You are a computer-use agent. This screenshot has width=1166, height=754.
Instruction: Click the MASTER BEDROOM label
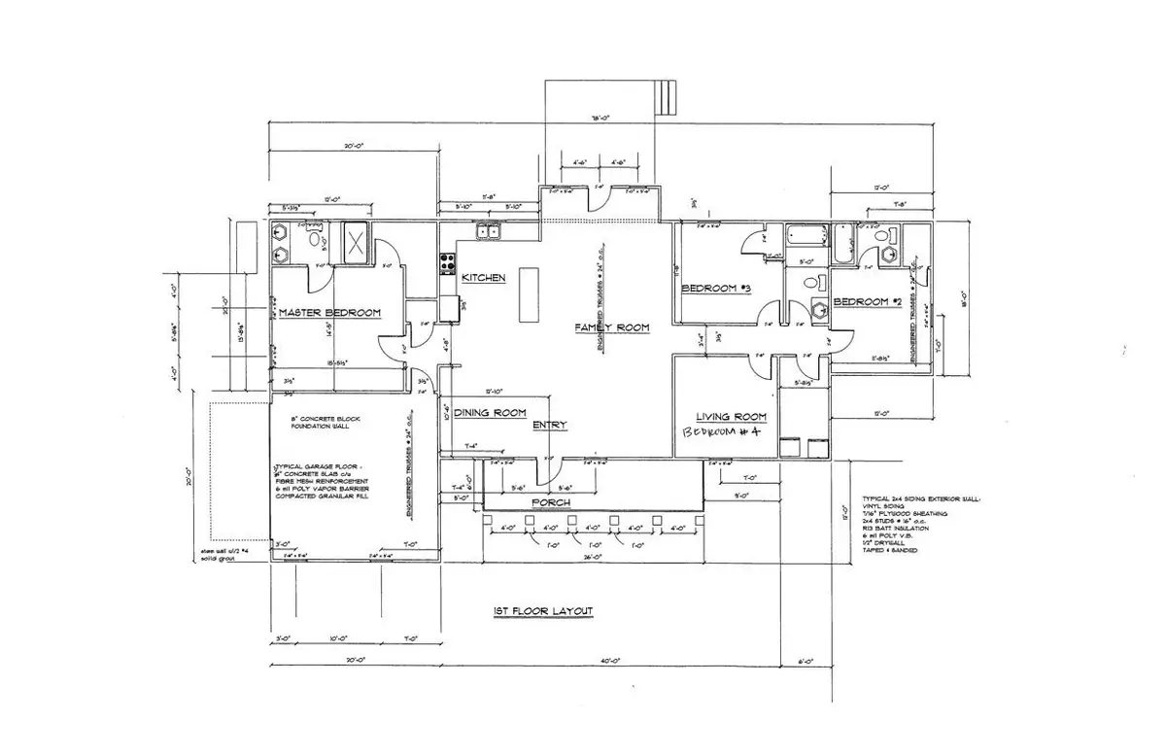328,313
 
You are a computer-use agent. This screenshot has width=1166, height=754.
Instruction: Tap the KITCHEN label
483,278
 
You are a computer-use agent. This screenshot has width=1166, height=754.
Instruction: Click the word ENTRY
549,426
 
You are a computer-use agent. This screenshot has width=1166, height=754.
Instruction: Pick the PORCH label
550,502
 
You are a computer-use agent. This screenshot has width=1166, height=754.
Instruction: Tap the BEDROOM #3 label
717,289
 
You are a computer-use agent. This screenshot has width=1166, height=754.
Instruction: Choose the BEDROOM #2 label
862,301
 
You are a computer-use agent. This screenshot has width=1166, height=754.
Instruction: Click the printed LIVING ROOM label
732,417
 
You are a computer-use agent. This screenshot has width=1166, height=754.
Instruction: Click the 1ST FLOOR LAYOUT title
542,611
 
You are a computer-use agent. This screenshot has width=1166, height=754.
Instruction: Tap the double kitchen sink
487,231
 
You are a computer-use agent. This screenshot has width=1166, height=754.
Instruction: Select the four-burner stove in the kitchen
449,261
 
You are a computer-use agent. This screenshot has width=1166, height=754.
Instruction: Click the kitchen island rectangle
529,295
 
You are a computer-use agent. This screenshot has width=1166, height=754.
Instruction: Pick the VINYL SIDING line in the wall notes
882,505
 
